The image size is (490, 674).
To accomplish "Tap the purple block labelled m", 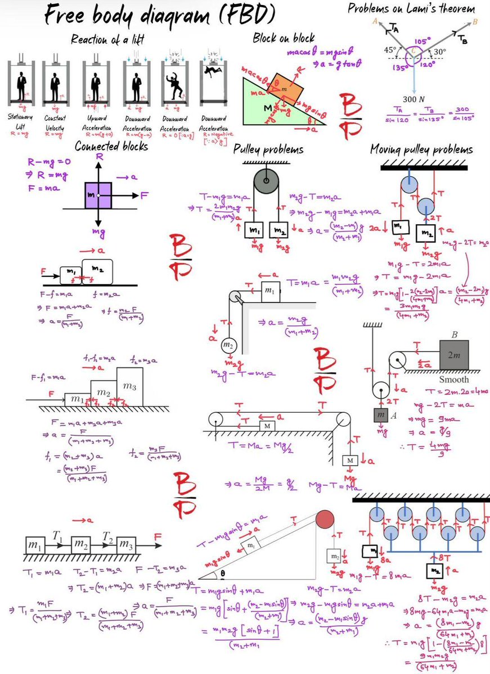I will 98,195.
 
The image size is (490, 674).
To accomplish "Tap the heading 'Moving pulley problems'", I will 421,149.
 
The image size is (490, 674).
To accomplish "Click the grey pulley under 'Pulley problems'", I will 264,182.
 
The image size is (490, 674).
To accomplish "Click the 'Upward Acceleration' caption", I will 95,122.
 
